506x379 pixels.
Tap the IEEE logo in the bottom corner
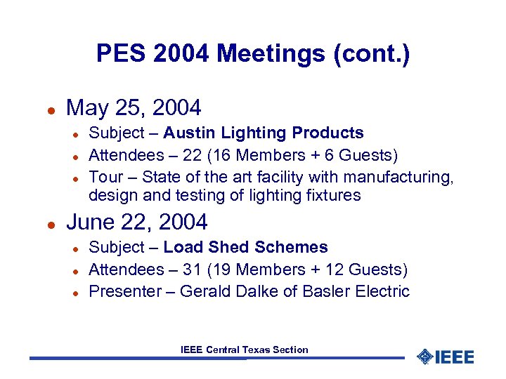point(446,357)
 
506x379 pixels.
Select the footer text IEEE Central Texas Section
point(244,350)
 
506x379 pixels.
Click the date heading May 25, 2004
point(134,108)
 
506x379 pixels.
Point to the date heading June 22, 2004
point(136,222)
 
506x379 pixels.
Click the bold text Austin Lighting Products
point(264,133)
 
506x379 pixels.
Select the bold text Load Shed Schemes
point(245,247)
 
